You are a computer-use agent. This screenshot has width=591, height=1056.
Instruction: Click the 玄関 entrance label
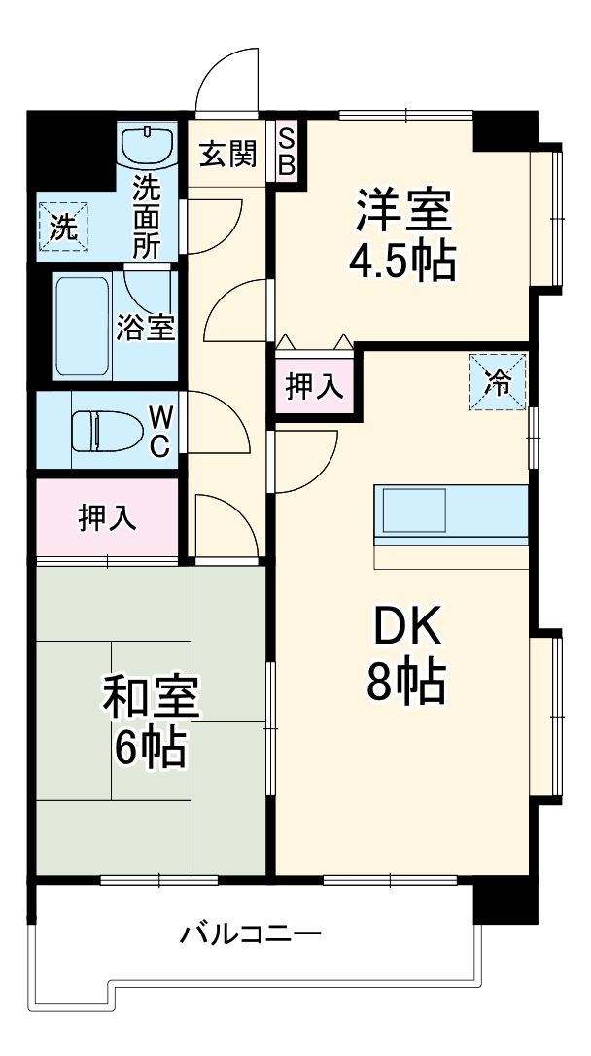click(x=228, y=154)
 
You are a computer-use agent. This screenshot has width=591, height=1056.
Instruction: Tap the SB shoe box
click(x=287, y=152)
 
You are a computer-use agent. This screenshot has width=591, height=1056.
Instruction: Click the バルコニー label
click(x=251, y=935)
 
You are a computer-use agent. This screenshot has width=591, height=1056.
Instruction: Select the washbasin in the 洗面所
click(x=148, y=145)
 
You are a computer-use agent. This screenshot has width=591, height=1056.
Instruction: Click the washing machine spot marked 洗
click(x=62, y=229)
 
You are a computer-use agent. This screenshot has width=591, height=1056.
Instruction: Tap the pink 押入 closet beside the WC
click(x=107, y=518)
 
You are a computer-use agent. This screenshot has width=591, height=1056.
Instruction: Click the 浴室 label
click(x=146, y=328)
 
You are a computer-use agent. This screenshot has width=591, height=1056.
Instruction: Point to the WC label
click(x=161, y=431)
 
